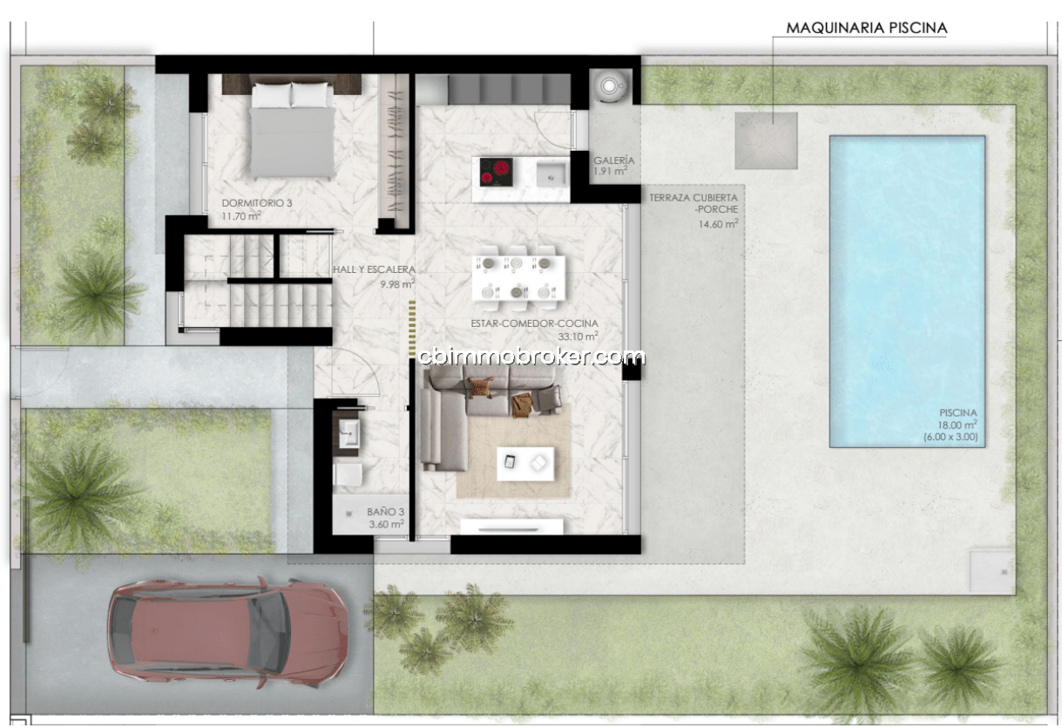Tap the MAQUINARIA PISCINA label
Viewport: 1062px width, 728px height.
pyautogui.click(x=867, y=28)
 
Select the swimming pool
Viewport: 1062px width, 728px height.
pyautogui.click(x=907, y=291)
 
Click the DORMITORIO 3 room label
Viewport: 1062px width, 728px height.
pyautogui.click(x=257, y=203)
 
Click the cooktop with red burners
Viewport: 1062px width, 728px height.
pyautogui.click(x=496, y=172)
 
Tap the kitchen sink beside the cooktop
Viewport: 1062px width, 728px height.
pyautogui.click(x=551, y=173)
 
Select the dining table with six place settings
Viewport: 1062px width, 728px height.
pyautogui.click(x=518, y=278)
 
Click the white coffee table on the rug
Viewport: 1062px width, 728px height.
pyautogui.click(x=525, y=464)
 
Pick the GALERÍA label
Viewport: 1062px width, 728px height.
pyautogui.click(x=614, y=160)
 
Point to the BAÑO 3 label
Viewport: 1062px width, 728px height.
pyautogui.click(x=385, y=512)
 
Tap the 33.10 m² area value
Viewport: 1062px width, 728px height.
pyautogui.click(x=578, y=337)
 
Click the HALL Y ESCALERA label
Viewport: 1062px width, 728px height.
pyautogui.click(x=374, y=269)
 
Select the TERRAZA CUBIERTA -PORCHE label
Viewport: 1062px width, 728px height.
pyautogui.click(x=693, y=204)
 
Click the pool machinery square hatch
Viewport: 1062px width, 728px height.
pyautogui.click(x=766, y=140)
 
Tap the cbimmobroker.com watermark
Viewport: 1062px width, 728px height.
pyautogui.click(x=531, y=357)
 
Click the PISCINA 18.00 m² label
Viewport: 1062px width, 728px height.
pyautogui.click(x=957, y=419)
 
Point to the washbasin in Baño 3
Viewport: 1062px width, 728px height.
pyautogui.click(x=349, y=432)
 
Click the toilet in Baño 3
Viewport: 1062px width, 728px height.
pyautogui.click(x=348, y=474)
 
